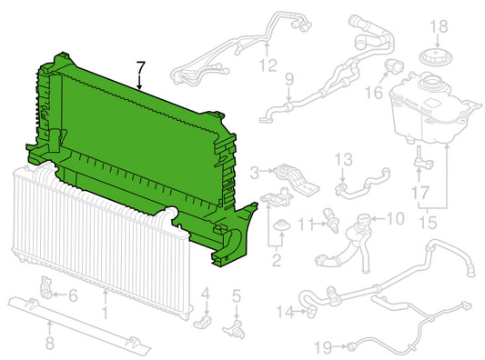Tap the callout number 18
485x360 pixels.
coord(439,26)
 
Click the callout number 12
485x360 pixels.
coord(268,65)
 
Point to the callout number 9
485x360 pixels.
coord(288,79)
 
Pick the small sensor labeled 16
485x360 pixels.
coord(394,66)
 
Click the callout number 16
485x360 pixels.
coord(374,93)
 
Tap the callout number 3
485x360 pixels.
coord(254,173)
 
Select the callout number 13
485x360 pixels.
coord(343,159)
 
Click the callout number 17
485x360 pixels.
coord(420,193)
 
